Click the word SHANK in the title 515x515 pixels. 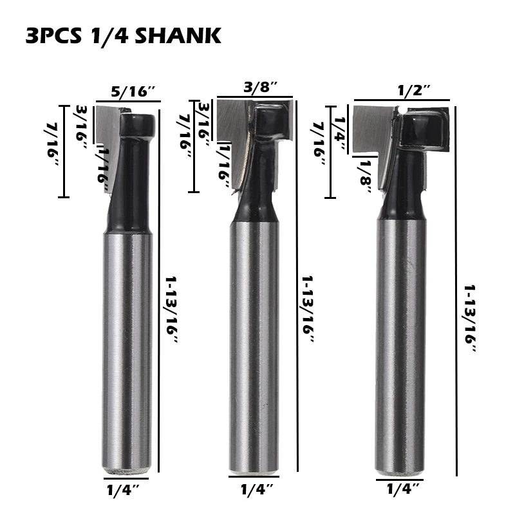[178, 36]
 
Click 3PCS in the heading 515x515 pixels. [53, 36]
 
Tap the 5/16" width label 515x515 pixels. [133, 91]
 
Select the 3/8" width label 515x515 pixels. [261, 88]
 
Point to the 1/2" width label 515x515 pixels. [414, 90]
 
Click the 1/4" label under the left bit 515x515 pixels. [123, 491]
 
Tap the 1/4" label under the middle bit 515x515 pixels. [257, 489]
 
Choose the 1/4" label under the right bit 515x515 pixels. [403, 489]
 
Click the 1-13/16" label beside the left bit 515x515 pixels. [171, 310]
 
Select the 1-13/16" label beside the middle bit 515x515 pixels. [308, 309]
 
